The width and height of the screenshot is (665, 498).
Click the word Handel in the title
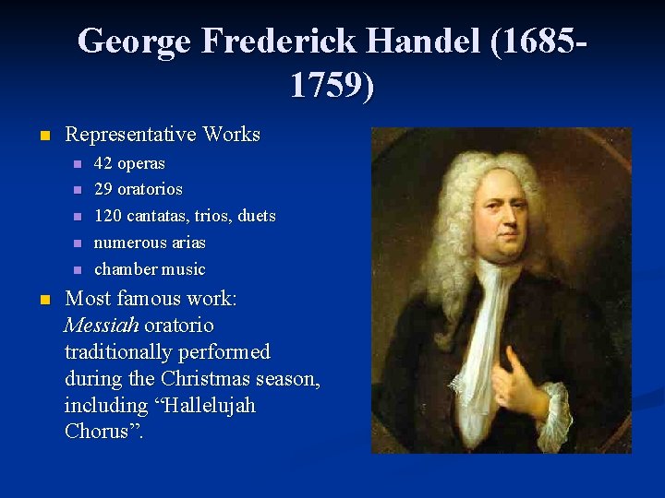418,41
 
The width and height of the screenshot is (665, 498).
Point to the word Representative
130,135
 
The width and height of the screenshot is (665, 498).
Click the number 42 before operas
103,164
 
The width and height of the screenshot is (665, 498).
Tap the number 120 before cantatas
109,216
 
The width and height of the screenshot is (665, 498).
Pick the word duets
256,216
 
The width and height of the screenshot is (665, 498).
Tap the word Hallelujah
209,406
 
